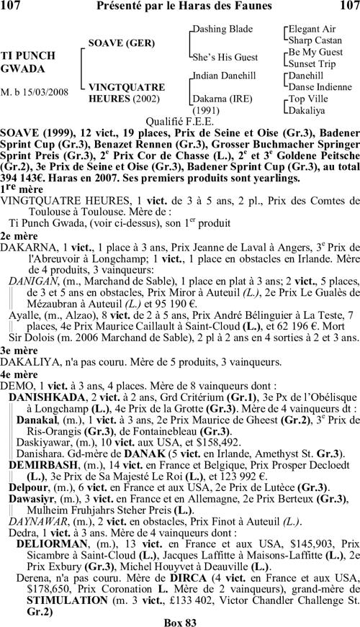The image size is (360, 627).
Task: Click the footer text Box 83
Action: [x=179, y=621]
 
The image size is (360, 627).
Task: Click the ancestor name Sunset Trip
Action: [x=311, y=63]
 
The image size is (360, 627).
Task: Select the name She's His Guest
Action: [x=225, y=56]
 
